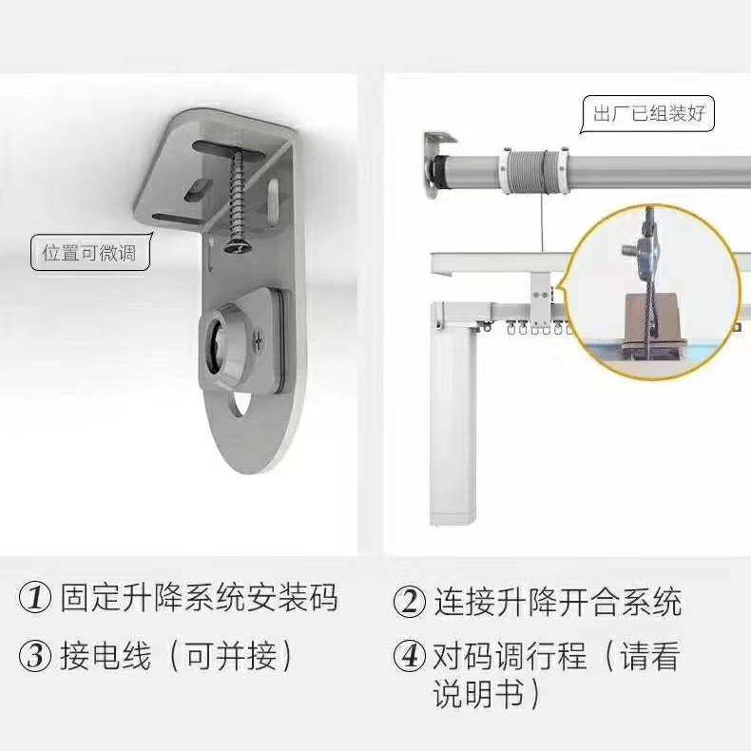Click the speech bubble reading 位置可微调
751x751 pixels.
[x=89, y=253]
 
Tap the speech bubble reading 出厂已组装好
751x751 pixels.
[x=648, y=114]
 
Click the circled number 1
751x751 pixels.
[x=35, y=599]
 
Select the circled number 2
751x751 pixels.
[x=410, y=602]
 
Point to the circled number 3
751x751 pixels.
[x=35, y=656]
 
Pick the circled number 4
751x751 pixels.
[x=410, y=656]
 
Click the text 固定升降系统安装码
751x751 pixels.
[x=199, y=599]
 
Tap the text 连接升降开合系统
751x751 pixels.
[x=558, y=602]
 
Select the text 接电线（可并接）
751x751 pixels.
[x=179, y=656]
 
